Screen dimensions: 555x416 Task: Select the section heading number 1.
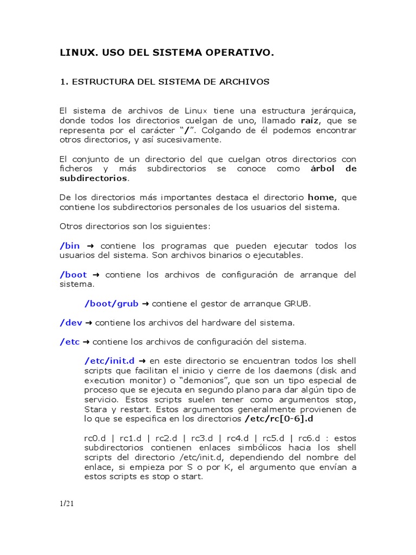click(x=62, y=82)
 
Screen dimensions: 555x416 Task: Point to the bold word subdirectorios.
click(x=94, y=178)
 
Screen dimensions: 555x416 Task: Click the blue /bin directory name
click(x=70, y=246)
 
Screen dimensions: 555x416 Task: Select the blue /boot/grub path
click(x=112, y=303)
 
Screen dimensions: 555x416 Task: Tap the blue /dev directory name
click(x=70, y=322)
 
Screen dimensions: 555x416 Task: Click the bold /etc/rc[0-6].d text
click(x=278, y=418)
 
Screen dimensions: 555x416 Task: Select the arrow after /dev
click(x=89, y=323)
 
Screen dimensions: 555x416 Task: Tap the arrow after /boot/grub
click(x=145, y=304)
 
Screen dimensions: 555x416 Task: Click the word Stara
click(x=95, y=409)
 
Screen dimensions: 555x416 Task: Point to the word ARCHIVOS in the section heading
click(x=243, y=82)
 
